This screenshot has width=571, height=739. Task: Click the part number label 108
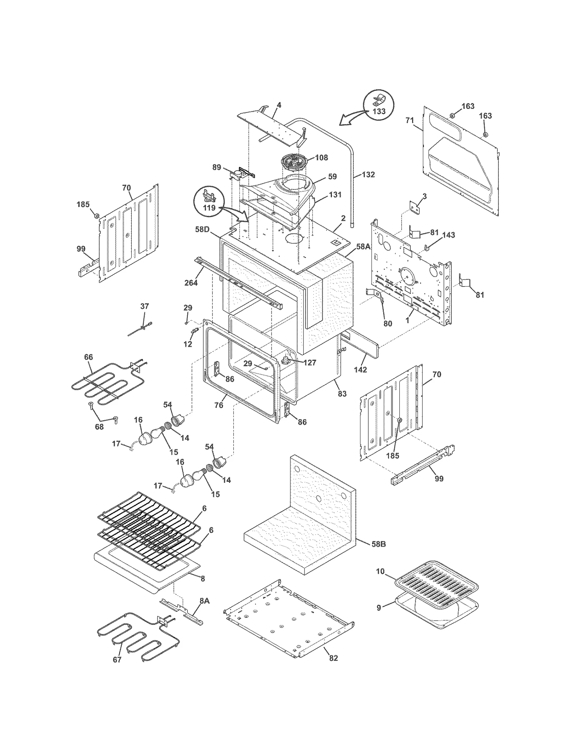[322, 157]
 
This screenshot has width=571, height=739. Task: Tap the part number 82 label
[333, 658]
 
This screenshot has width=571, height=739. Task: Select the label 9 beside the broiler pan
[379, 607]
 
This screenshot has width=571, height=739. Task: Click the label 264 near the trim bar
[191, 283]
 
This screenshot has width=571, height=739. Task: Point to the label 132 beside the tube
[368, 174]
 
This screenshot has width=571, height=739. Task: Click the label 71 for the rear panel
[410, 121]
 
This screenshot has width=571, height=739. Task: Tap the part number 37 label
[145, 306]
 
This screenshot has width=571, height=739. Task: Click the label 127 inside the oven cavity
[309, 363]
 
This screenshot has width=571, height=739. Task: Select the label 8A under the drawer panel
[204, 601]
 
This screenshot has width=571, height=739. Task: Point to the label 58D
[202, 229]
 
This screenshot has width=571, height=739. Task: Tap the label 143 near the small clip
[449, 235]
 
